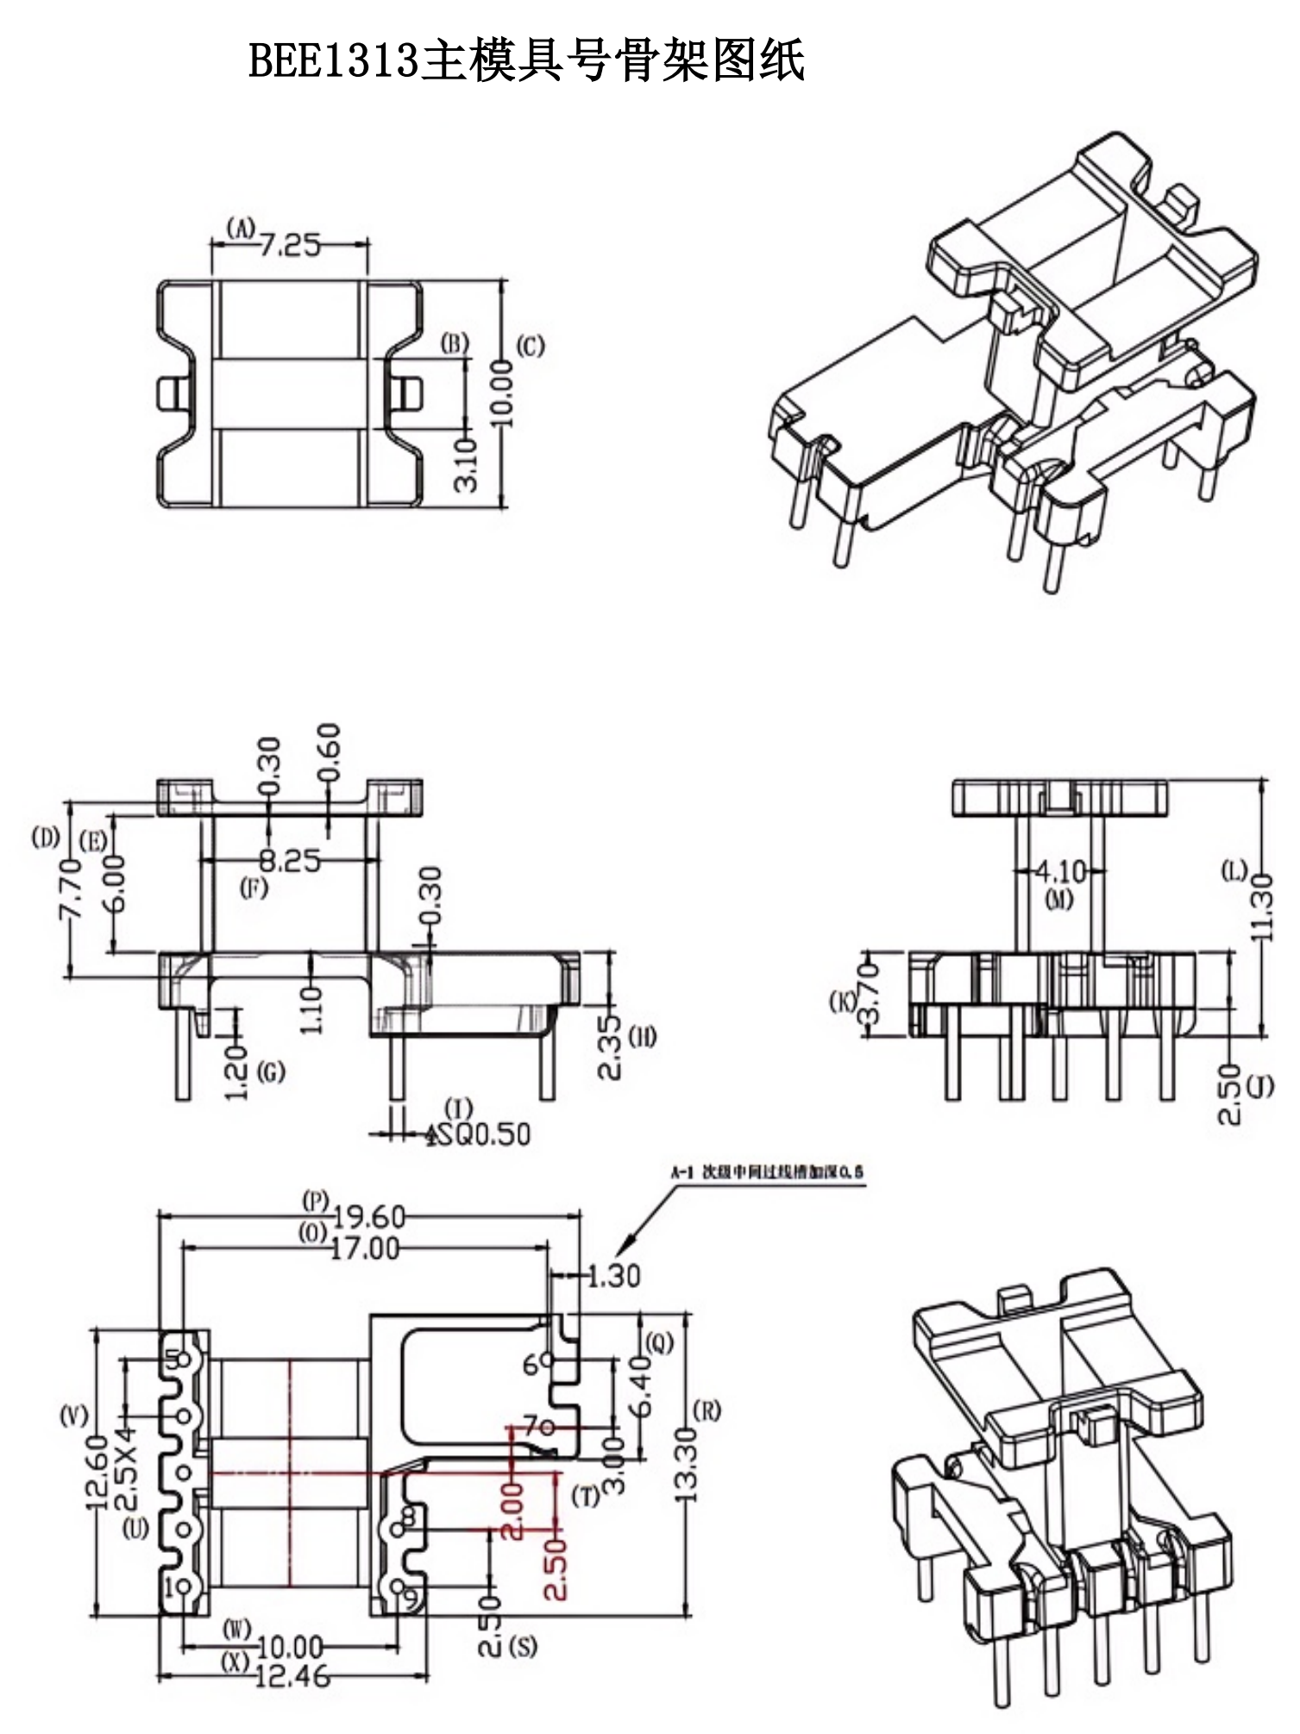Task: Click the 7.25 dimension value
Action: [290, 246]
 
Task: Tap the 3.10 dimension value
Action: [467, 464]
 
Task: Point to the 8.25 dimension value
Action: [290, 860]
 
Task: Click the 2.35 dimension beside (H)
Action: [610, 1046]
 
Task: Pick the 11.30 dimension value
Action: [1260, 907]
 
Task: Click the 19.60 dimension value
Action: [368, 1217]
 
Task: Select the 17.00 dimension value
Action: [365, 1248]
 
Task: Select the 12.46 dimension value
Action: [292, 1676]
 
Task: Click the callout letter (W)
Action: [236, 1629]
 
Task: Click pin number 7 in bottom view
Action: [531, 1426]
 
